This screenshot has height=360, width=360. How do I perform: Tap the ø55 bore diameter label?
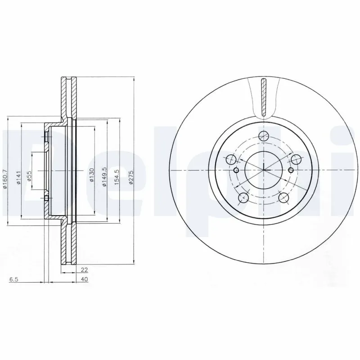[30, 176]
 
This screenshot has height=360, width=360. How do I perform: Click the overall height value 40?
[84, 279]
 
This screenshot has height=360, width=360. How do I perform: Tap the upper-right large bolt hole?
[296, 159]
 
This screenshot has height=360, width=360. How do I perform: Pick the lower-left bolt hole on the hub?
[243, 197]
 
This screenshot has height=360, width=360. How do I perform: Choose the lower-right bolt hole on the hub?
[283, 197]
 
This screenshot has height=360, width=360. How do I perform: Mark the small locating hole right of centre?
[291, 170]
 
